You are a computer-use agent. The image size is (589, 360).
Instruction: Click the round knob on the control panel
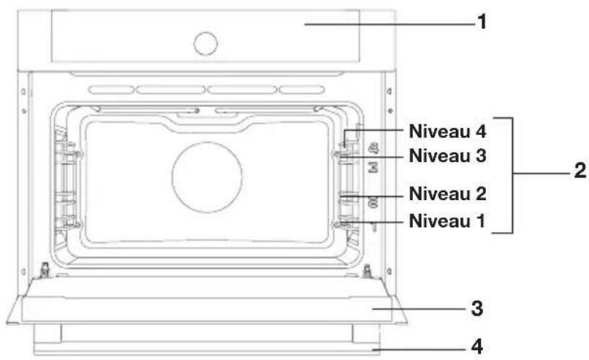click(x=205, y=44)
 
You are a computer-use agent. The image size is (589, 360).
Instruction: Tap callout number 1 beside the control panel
click(x=482, y=22)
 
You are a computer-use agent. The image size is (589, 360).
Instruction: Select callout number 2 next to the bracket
click(x=580, y=171)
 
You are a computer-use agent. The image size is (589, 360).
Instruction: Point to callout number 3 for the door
click(x=477, y=309)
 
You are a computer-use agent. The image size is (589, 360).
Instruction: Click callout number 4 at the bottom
click(x=477, y=346)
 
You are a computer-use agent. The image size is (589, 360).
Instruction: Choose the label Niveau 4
click(x=447, y=131)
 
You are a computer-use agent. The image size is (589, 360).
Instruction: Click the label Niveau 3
click(x=447, y=156)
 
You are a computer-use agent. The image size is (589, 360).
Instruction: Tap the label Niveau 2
click(x=447, y=194)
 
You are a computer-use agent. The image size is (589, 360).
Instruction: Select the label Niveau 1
click(x=447, y=221)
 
